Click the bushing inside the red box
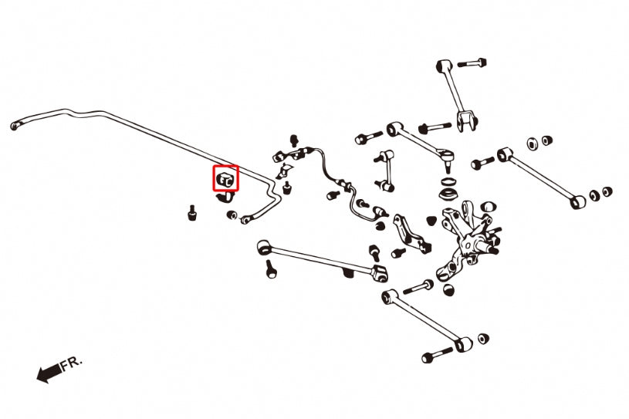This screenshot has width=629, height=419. pos(225,179)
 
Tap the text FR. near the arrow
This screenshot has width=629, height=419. pos(72,363)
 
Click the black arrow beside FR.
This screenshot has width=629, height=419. pos(49,373)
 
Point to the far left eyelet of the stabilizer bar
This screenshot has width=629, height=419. pos(15,125)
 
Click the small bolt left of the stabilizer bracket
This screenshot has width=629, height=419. pos(192,212)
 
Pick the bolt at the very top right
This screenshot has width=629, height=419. pos(472,63)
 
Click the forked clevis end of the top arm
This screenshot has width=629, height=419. pos(468,120)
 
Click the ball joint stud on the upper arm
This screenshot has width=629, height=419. pos(447,160)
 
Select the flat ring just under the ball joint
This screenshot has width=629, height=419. pos(447,181)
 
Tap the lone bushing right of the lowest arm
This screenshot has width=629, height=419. pos(483,339)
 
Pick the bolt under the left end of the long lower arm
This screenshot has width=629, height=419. pos(271,269)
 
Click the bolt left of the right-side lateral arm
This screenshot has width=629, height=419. pos(482,163)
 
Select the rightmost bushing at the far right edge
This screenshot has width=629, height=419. pos(607,191)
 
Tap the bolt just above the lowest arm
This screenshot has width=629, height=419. pos(418,287)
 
